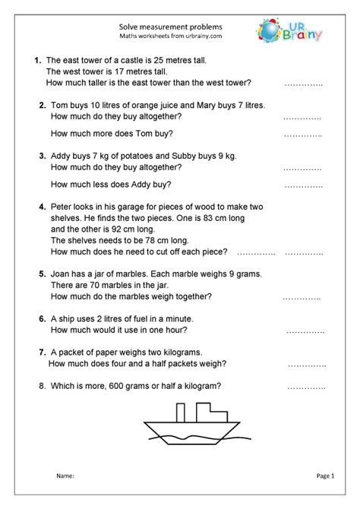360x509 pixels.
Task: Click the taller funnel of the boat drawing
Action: click(x=180, y=412)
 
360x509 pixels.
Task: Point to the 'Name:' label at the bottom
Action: click(x=65, y=476)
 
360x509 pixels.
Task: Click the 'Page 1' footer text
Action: click(x=324, y=476)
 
